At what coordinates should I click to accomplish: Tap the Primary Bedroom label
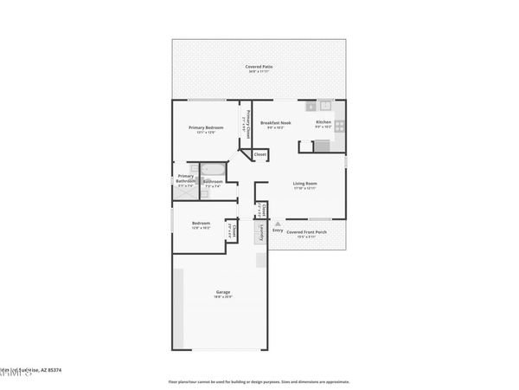tap(207, 127)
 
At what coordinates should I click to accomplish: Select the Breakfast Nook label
tap(276, 123)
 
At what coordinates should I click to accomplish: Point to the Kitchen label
tap(323, 122)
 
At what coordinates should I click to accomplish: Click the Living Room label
tap(304, 183)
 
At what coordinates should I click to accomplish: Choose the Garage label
tap(222, 292)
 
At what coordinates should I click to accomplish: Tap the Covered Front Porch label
tap(307, 231)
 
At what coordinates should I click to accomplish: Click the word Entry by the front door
tap(278, 231)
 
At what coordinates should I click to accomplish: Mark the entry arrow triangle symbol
tap(278, 223)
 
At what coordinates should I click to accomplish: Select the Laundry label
tap(259, 231)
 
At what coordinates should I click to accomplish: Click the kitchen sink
tap(325, 107)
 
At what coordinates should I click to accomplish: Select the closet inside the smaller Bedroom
tap(232, 231)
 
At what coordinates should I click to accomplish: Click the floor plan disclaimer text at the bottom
tap(259, 380)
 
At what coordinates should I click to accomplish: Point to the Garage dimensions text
tap(222, 297)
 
